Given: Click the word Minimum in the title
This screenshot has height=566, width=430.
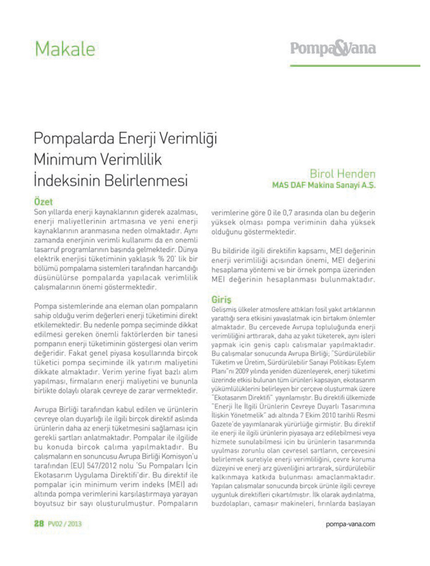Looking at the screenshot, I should pyautogui.click(x=64, y=159).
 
